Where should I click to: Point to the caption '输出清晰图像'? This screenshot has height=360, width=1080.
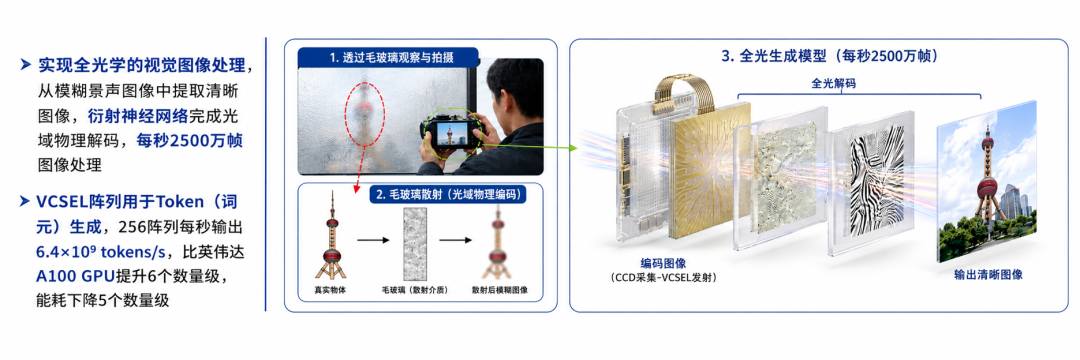[988, 274]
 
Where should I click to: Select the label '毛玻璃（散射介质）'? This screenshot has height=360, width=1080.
[414, 290]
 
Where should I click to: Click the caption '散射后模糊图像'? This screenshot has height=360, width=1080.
[499, 290]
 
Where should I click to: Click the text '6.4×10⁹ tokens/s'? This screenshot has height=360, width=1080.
[82, 252]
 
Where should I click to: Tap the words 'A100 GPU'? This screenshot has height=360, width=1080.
[76, 276]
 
